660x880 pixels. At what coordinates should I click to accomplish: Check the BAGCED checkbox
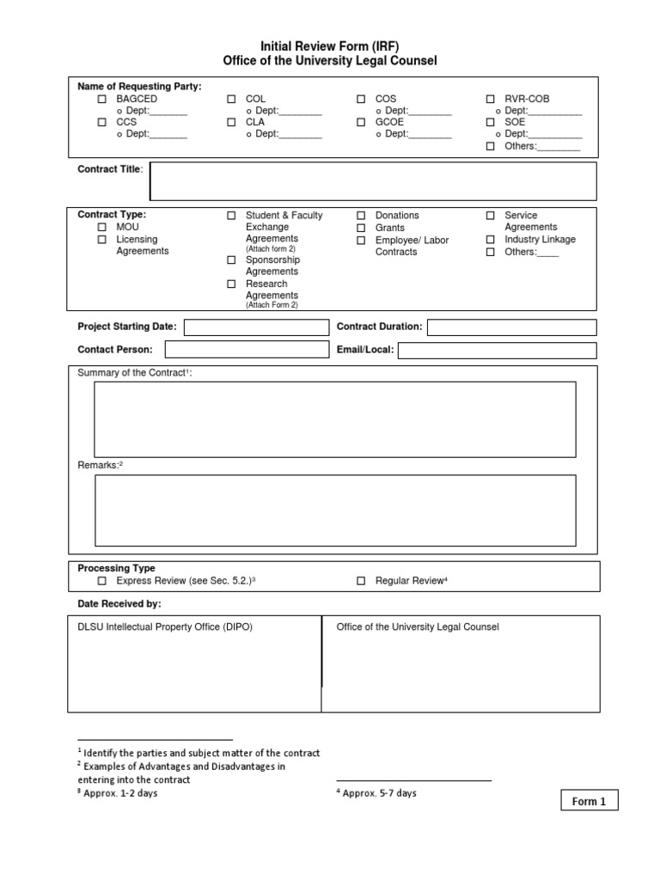click(x=102, y=100)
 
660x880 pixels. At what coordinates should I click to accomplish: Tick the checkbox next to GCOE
click(x=361, y=123)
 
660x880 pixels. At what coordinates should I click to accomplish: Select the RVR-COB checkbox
click(x=491, y=100)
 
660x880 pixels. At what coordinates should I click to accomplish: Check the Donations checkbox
click(x=361, y=216)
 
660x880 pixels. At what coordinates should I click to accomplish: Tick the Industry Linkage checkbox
click(x=491, y=240)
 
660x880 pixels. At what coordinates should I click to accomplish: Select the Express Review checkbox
click(x=102, y=582)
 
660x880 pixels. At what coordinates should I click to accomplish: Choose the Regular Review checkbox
click(x=361, y=582)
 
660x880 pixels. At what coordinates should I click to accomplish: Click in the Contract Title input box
click(x=373, y=181)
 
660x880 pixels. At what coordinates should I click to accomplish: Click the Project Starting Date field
click(x=256, y=327)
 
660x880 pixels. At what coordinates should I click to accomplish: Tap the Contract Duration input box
click(x=510, y=327)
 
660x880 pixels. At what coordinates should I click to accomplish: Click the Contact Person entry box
click(x=247, y=350)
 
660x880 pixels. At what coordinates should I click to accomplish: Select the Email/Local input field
click(x=497, y=350)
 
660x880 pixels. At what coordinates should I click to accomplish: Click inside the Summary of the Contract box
click(x=335, y=419)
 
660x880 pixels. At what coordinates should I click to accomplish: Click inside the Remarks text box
click(x=335, y=510)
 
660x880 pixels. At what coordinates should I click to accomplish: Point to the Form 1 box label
click(x=589, y=801)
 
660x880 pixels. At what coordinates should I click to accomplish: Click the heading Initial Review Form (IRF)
click(x=330, y=46)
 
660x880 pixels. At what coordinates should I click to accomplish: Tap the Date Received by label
click(x=119, y=604)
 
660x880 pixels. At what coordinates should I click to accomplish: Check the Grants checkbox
click(x=361, y=228)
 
